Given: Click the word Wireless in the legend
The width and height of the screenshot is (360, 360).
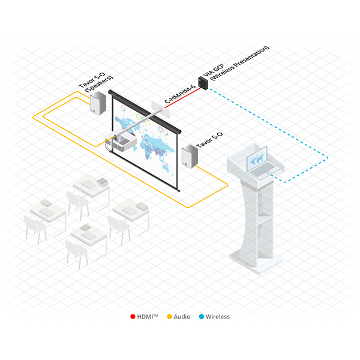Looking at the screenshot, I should pos(217,316).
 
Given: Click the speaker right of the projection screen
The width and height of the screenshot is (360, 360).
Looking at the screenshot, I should pos(190,156).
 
